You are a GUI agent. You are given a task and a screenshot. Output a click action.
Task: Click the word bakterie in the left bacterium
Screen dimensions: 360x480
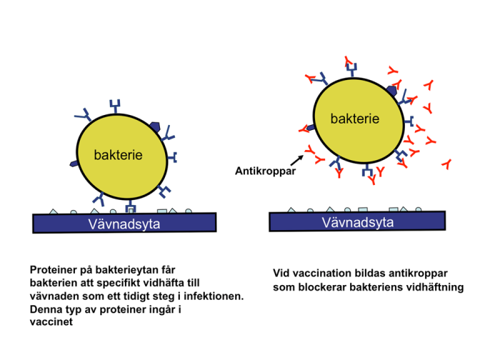tap(118, 154)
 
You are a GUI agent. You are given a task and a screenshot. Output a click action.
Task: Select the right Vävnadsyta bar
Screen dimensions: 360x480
tap(357, 222)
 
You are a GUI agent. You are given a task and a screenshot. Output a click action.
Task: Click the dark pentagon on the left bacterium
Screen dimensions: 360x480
tap(74, 164)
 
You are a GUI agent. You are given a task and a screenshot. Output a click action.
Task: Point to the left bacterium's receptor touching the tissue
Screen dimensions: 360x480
tap(131, 208)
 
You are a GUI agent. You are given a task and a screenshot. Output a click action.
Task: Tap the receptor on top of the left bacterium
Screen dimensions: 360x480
tap(115, 107)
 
